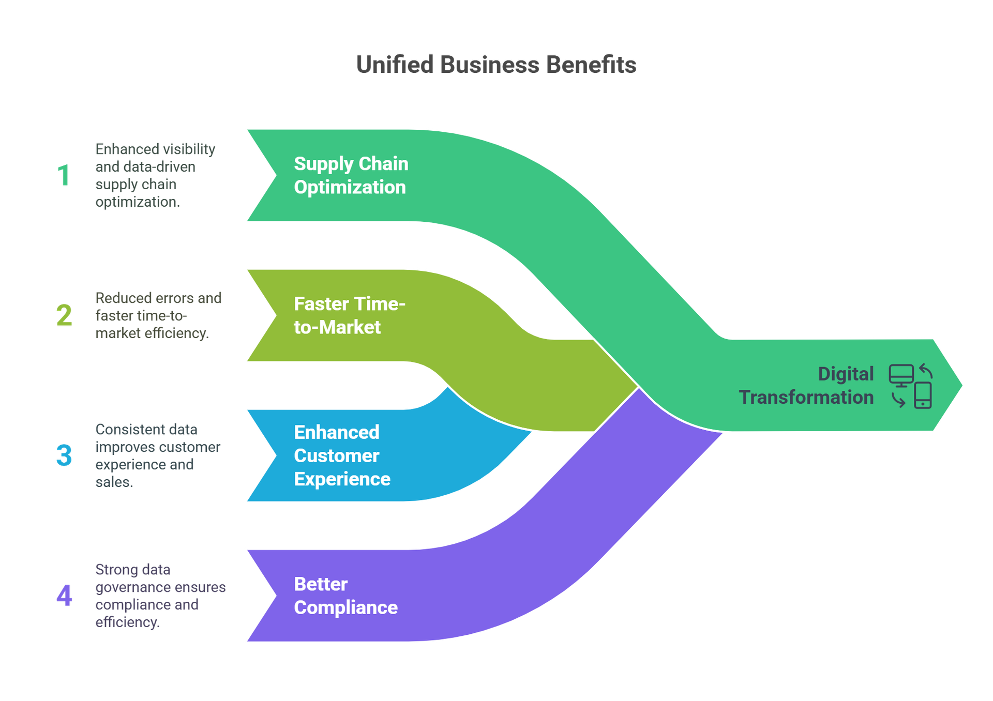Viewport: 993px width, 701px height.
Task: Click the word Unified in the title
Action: coord(394,66)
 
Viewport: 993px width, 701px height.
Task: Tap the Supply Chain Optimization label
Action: coord(351,175)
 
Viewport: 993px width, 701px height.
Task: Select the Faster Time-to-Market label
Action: coord(349,315)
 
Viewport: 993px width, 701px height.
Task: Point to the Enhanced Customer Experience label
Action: coord(342,455)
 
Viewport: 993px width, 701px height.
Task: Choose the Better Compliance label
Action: coord(345,596)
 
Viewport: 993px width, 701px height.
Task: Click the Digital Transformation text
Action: coord(806,386)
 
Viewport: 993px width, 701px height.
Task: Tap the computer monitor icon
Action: coord(901,375)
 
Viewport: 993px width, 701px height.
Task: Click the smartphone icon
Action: coord(923,396)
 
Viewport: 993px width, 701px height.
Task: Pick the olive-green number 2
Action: coord(64,316)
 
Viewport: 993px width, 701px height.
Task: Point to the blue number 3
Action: coord(64,455)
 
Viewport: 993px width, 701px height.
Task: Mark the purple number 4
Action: coord(64,596)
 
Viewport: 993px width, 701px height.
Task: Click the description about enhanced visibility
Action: coord(154,175)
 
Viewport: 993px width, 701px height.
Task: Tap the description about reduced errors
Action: coord(157,315)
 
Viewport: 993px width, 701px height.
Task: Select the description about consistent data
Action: coord(156,455)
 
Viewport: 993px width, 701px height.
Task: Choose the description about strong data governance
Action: coord(159,596)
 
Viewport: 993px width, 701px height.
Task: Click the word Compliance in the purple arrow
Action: coord(345,607)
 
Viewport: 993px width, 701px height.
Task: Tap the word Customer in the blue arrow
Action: coord(336,455)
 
